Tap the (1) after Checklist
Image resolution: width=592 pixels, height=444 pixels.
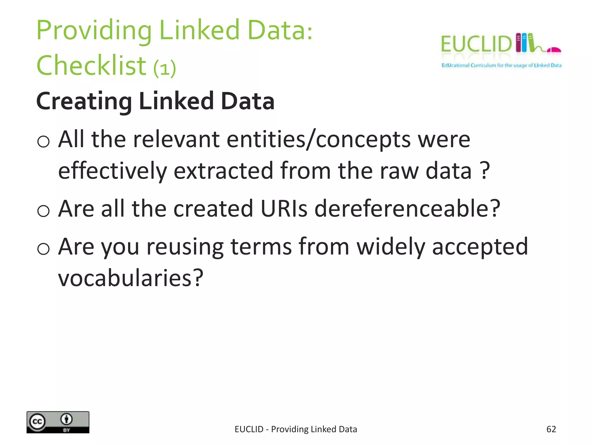164,68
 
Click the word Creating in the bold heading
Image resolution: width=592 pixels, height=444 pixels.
84,101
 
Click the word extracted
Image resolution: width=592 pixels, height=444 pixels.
223,171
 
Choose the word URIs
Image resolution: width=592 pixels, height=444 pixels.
284,208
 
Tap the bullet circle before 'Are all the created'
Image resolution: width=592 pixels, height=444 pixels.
43,210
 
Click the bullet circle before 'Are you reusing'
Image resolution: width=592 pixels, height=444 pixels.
43,249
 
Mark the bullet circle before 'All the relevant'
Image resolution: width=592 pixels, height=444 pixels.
43,142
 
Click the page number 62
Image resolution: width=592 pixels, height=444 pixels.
551,429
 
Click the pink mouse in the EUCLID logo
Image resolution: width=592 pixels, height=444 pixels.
554,50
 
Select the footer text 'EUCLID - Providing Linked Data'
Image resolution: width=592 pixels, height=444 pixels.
296,429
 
